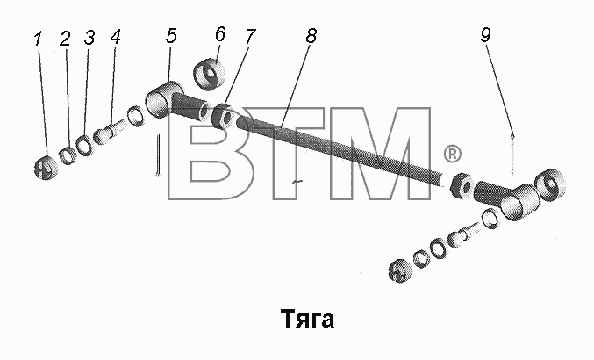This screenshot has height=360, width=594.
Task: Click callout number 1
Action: point(38,39)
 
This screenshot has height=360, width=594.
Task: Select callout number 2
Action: point(65,39)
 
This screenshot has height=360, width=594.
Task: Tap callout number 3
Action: point(89,38)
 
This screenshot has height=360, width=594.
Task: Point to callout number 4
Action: point(115,37)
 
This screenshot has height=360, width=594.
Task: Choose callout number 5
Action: point(171,35)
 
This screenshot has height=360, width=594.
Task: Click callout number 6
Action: point(220,34)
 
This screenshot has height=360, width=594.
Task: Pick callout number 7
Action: point(250,36)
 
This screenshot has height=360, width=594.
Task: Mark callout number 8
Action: point(311,35)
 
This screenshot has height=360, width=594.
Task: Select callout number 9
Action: point(486,34)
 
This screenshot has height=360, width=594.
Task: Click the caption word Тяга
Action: point(307,319)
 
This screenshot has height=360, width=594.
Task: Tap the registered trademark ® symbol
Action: point(453,154)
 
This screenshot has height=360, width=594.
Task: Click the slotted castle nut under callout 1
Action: point(46,168)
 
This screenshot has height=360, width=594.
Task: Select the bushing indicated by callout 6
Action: point(210,74)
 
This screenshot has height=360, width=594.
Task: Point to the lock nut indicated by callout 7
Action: point(223,117)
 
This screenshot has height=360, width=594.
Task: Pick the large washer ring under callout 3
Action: point(84,145)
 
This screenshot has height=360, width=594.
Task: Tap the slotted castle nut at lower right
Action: point(400,271)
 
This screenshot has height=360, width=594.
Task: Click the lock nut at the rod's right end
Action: point(462,184)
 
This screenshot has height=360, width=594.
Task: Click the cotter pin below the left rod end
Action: point(159,155)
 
